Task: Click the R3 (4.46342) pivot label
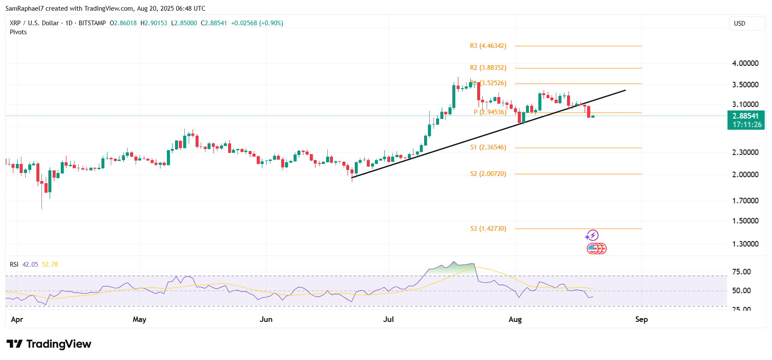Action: [488, 46]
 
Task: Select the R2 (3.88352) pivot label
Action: [488, 68]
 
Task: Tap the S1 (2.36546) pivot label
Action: [488, 147]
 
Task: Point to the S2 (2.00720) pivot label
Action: [488, 174]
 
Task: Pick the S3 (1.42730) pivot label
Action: [488, 229]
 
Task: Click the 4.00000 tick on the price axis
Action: [745, 63]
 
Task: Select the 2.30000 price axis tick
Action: [745, 152]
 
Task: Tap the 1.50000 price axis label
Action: [745, 221]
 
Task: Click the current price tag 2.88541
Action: [745, 116]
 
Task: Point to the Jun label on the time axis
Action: [266, 319]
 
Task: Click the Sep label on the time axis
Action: [641, 319]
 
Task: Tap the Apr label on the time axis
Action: [17, 319]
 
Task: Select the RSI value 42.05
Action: [30, 265]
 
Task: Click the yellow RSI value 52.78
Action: [50, 265]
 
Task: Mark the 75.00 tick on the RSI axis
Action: [741, 272]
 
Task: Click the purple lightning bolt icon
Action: [592, 235]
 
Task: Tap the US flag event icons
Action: [596, 248]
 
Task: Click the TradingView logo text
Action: [59, 344]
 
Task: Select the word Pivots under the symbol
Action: [18, 32]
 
